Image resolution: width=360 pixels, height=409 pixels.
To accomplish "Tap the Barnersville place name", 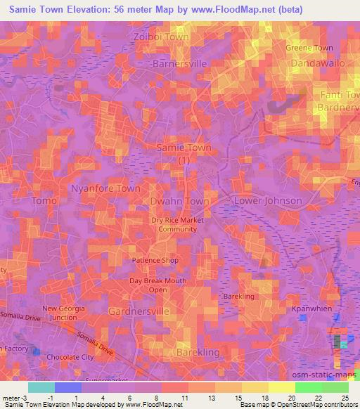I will pyautogui.click(x=180, y=63).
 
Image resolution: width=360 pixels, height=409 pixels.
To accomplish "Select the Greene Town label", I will pyautogui.click(x=309, y=48).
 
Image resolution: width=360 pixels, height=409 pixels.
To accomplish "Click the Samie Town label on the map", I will pyautogui.click(x=184, y=148).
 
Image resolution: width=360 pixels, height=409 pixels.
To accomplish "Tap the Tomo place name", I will pyautogui.click(x=44, y=201).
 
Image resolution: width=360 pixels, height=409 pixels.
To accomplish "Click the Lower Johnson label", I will pyautogui.click(x=268, y=201).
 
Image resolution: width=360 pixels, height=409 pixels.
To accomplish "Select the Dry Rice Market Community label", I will pyautogui.click(x=168, y=224).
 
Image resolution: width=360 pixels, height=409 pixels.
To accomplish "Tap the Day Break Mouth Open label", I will pyautogui.click(x=157, y=285).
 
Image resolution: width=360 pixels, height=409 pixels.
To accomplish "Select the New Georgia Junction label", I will pyautogui.click(x=64, y=313).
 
